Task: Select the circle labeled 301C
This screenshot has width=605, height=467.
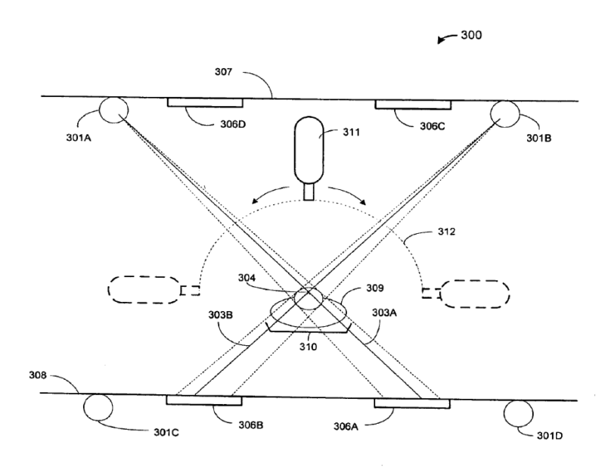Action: tap(97, 408)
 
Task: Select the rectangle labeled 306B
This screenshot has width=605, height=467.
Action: tap(203, 400)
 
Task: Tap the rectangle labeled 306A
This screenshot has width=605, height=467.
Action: tap(412, 402)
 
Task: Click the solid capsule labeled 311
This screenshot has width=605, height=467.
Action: tap(308, 151)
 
